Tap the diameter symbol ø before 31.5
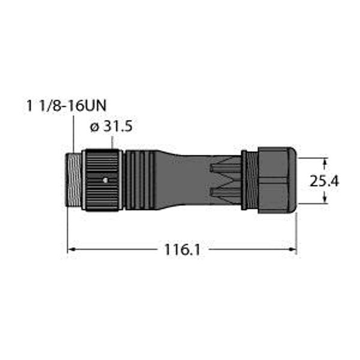(x=93, y=127)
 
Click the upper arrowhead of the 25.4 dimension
(x=326, y=161)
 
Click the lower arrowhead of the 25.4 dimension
(x=326, y=201)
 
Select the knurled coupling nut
(x=102, y=180)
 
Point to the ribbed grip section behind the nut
(x=139, y=180)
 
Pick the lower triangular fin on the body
(x=225, y=192)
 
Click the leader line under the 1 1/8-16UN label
(x=73, y=135)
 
